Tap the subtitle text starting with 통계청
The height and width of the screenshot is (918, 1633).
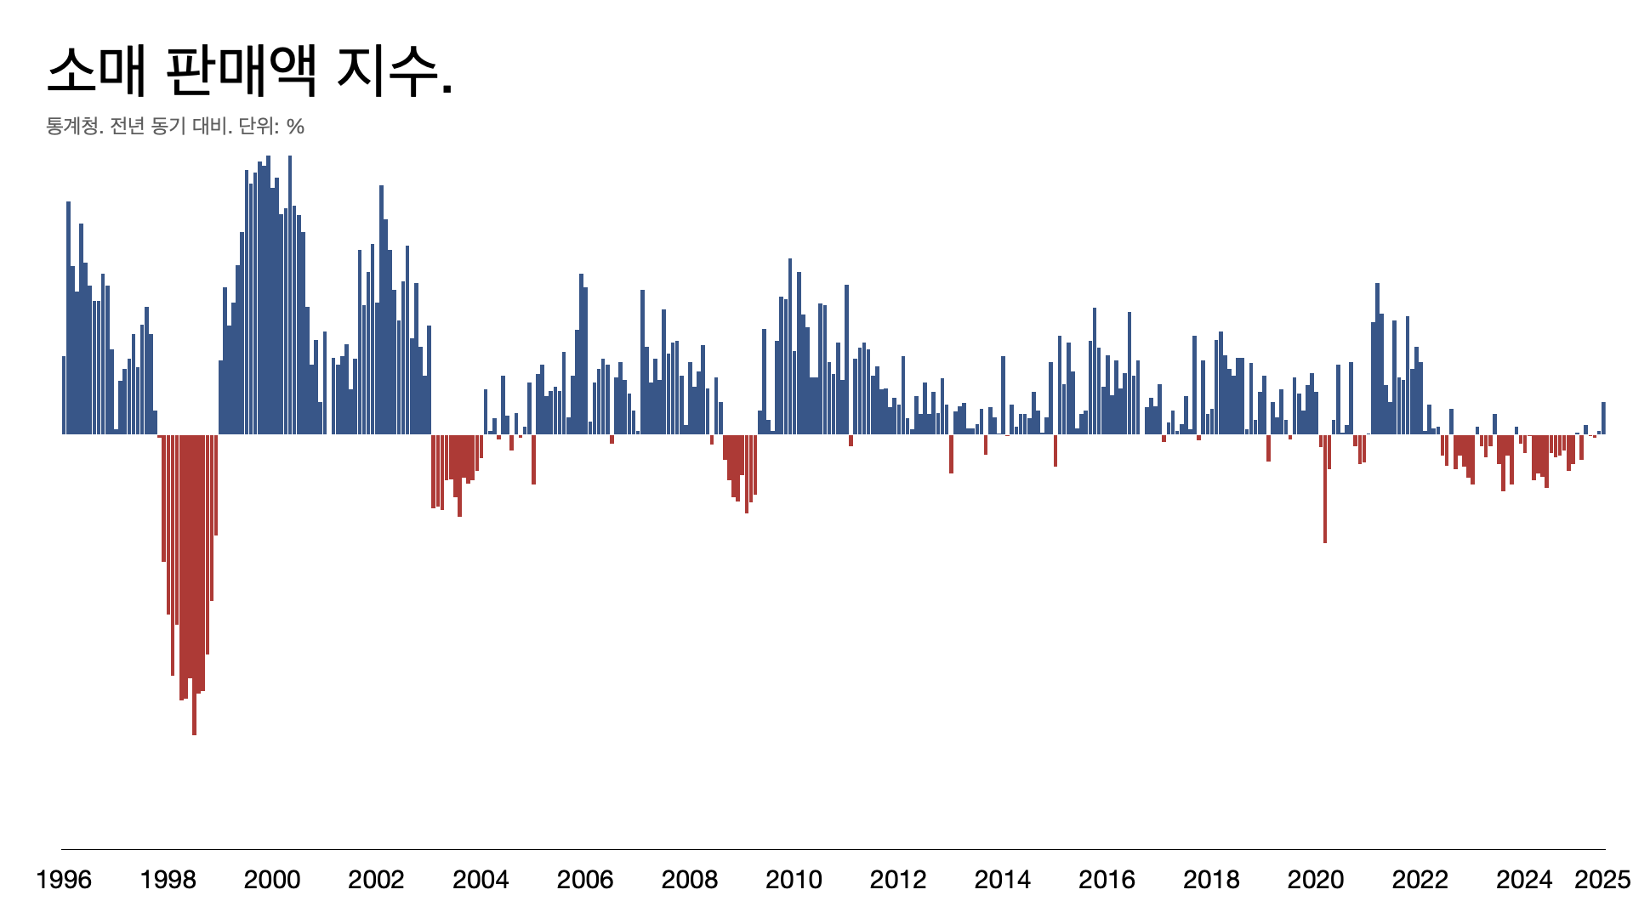(x=174, y=127)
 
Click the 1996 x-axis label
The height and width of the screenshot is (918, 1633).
(x=64, y=879)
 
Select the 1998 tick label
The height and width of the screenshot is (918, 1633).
(x=168, y=879)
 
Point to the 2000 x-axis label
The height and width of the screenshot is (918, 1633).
(x=272, y=879)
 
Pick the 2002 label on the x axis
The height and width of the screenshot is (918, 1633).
(x=376, y=879)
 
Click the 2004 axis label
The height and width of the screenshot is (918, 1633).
(x=481, y=879)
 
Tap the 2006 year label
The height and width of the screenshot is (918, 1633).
(x=585, y=879)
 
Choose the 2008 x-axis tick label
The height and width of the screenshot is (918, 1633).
(x=690, y=879)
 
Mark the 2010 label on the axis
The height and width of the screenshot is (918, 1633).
(x=794, y=879)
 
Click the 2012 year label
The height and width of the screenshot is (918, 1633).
(x=898, y=879)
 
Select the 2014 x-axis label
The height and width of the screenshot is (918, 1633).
(x=1003, y=879)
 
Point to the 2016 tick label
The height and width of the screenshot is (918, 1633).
(x=1107, y=879)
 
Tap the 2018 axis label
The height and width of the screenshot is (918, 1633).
(x=1211, y=879)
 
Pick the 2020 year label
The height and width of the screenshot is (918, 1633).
(x=1316, y=879)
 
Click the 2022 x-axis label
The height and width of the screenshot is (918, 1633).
(x=1420, y=879)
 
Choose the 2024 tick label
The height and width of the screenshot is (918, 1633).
(x=1524, y=879)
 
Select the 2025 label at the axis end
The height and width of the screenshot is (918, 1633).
(x=1602, y=879)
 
